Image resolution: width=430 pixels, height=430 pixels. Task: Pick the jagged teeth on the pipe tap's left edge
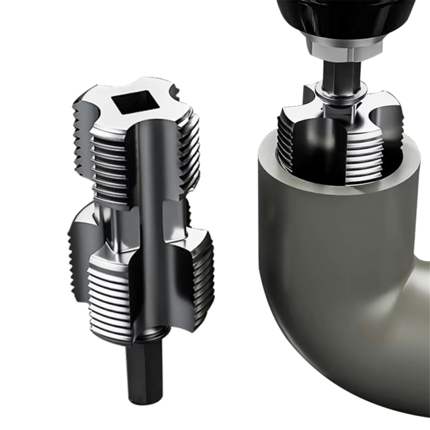point(282,143)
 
